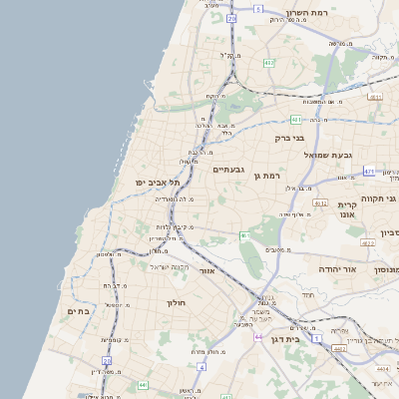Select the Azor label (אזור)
[207, 270]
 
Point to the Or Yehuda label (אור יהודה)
[316, 269]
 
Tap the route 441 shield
[143, 384]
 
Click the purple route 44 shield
[258, 338]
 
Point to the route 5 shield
[256, 9]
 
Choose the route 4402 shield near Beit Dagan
[339, 348]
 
